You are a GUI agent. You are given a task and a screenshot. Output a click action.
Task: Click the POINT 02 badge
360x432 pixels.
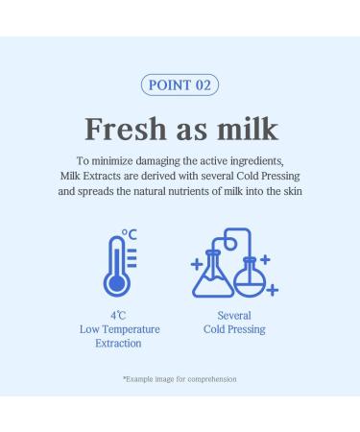[x=180, y=84]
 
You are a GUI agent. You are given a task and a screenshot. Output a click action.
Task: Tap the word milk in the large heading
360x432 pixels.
[x=245, y=129]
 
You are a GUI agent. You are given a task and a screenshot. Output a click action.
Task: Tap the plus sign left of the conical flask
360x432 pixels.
[x=197, y=261]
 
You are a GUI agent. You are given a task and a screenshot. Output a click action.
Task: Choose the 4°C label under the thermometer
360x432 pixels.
[x=119, y=315]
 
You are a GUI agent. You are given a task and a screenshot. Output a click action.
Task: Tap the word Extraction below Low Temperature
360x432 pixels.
[x=119, y=344]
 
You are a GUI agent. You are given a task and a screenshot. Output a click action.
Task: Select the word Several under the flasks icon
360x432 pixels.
[x=235, y=315]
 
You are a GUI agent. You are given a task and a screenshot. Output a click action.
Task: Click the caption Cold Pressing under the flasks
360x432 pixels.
[x=235, y=329]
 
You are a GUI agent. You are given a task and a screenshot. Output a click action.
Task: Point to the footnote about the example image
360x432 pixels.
[x=180, y=379]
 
